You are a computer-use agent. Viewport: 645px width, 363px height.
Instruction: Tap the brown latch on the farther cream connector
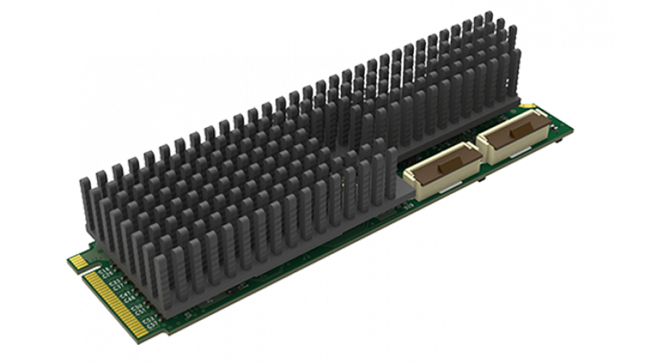point(515,134)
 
